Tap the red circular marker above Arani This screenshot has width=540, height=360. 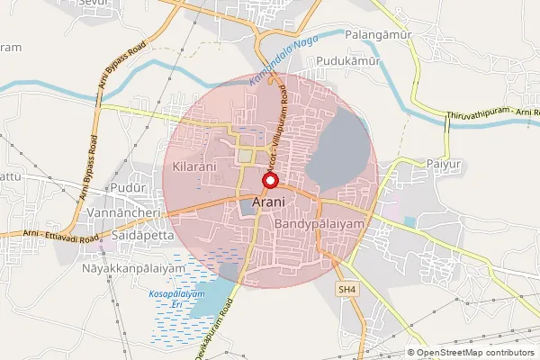coord(268,181)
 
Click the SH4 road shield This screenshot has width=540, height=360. coord(347,288)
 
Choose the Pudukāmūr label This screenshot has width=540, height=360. coord(346,62)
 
